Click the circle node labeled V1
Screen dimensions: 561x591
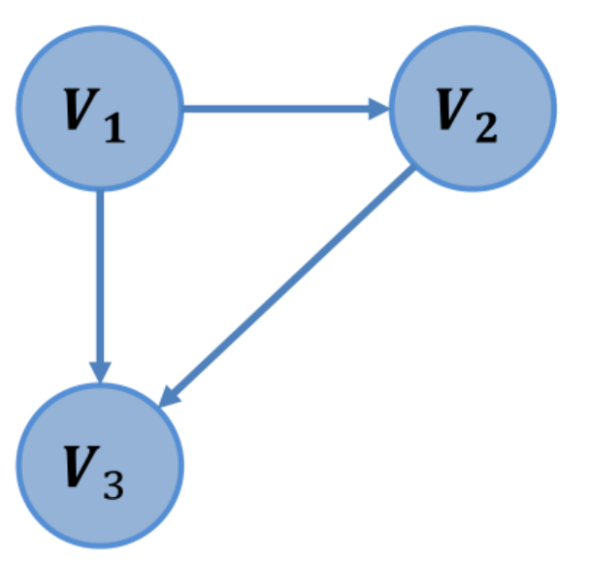point(100,108)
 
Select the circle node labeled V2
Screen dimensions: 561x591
point(473,108)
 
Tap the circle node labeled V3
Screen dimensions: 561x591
point(100,465)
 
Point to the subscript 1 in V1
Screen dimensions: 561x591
point(115,127)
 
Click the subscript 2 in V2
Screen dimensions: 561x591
point(487,127)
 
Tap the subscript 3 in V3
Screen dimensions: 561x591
point(115,484)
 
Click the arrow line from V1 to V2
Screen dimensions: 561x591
point(281,108)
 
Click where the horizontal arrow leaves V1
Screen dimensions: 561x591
point(185,108)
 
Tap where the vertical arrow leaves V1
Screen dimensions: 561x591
point(100,193)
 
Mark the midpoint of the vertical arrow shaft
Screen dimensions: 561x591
point(100,281)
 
